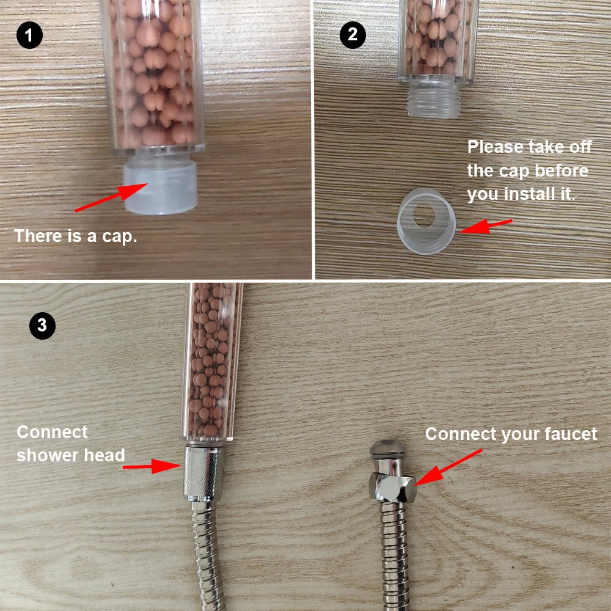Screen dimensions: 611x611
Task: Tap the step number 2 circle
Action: tap(353, 35)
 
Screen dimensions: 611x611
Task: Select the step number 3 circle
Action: tap(42, 325)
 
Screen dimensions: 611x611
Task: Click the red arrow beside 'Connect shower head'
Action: tap(150, 467)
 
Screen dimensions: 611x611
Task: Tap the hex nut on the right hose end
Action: tap(393, 488)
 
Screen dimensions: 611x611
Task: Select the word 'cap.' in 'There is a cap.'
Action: tap(120, 236)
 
